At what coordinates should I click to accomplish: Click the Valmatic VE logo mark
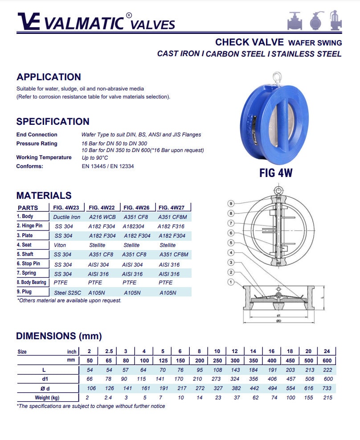[29, 21]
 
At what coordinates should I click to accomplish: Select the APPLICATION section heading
[49, 77]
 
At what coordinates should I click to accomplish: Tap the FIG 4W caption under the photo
[276, 173]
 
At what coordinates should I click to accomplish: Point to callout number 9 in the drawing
[231, 204]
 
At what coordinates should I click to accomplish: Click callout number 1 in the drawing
[231, 282]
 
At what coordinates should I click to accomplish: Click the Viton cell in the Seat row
[60, 245]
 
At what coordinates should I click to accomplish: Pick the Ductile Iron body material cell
[67, 217]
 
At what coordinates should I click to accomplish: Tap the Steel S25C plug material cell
[68, 292]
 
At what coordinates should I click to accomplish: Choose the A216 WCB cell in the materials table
[102, 217]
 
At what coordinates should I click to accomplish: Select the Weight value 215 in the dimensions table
[327, 397]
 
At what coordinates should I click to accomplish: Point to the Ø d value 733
[327, 388]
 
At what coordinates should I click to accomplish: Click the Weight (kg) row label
[47, 397]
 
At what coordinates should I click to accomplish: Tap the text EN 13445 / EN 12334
[108, 166]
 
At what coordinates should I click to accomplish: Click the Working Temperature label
[44, 157]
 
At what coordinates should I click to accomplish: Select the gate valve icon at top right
[295, 21]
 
